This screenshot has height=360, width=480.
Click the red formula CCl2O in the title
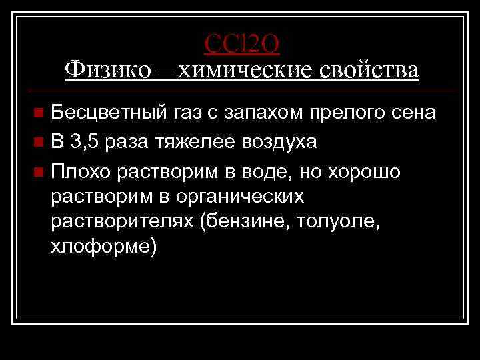tap(242, 43)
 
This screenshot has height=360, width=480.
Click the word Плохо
tap(80, 171)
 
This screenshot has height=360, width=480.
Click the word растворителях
tap(121, 222)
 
